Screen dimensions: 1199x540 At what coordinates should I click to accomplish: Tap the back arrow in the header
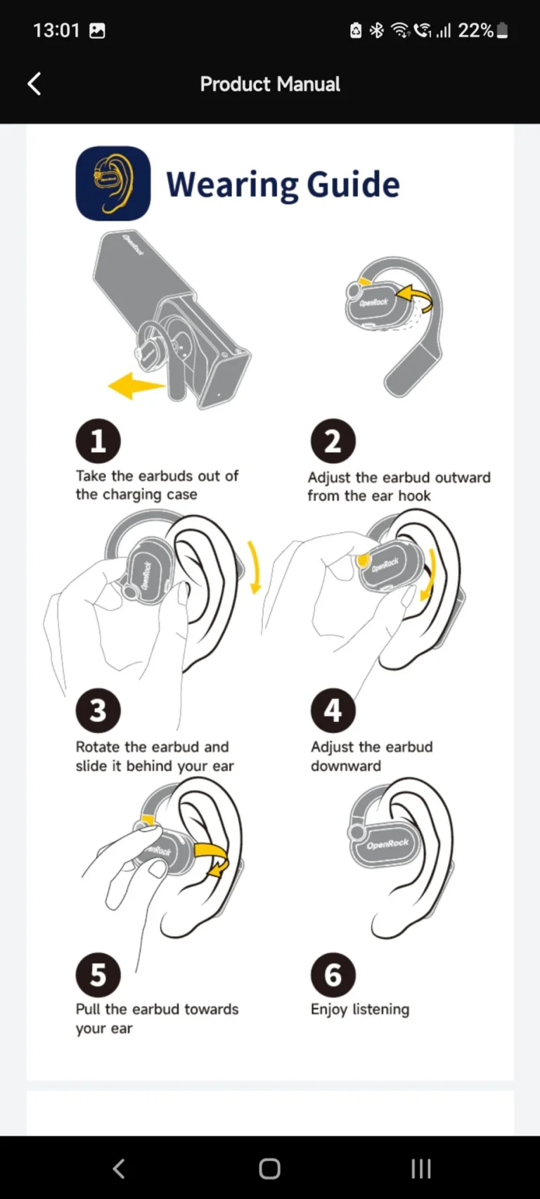click(34, 84)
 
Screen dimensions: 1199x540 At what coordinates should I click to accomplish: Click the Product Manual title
click(270, 84)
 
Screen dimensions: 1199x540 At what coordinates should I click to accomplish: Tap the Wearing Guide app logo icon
click(112, 183)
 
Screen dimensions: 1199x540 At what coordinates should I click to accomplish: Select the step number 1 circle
click(98, 441)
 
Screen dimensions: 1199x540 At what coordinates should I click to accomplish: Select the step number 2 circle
click(333, 441)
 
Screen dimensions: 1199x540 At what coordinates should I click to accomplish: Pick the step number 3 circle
click(98, 711)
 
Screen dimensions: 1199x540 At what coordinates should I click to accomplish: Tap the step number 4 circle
click(333, 711)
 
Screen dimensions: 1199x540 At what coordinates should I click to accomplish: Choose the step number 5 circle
click(98, 975)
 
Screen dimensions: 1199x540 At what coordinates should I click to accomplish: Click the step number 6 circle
click(333, 975)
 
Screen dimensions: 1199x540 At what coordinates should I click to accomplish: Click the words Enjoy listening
click(359, 1009)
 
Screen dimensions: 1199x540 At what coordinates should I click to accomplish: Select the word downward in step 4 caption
click(345, 766)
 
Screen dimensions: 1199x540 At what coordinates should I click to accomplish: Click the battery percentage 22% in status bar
click(475, 30)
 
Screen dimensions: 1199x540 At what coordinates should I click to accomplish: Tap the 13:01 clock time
click(56, 30)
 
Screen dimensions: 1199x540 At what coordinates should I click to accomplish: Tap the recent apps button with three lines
click(420, 1168)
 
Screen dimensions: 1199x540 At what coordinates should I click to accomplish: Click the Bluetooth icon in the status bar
click(377, 30)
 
